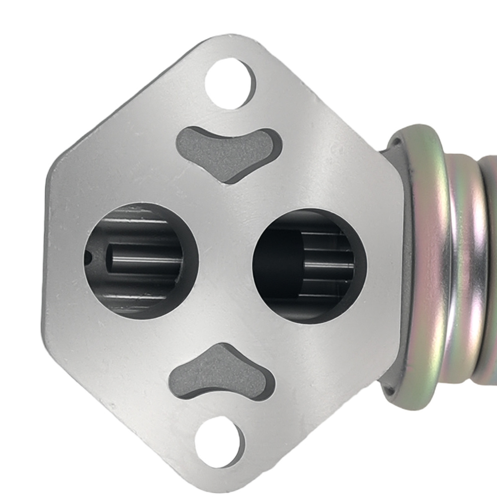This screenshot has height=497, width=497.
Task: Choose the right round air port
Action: (309, 266)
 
